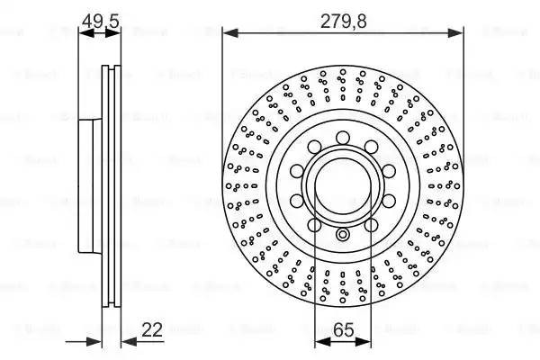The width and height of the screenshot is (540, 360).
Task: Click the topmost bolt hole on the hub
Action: [x=343, y=137]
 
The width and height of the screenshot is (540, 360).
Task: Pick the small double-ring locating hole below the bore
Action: [x=343, y=236]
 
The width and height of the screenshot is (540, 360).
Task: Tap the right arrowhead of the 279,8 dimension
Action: [x=458, y=33]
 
